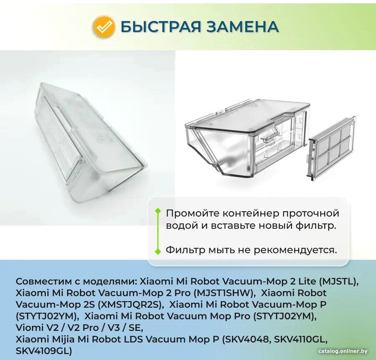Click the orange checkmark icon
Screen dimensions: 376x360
[104, 26]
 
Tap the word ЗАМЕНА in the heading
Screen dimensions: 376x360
[243, 26]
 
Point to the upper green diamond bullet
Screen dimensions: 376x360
[158, 211]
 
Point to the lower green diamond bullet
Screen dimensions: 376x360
[158, 251]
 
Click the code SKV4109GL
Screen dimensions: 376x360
[44, 351]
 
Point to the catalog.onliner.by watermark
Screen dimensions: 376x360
[343, 351]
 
